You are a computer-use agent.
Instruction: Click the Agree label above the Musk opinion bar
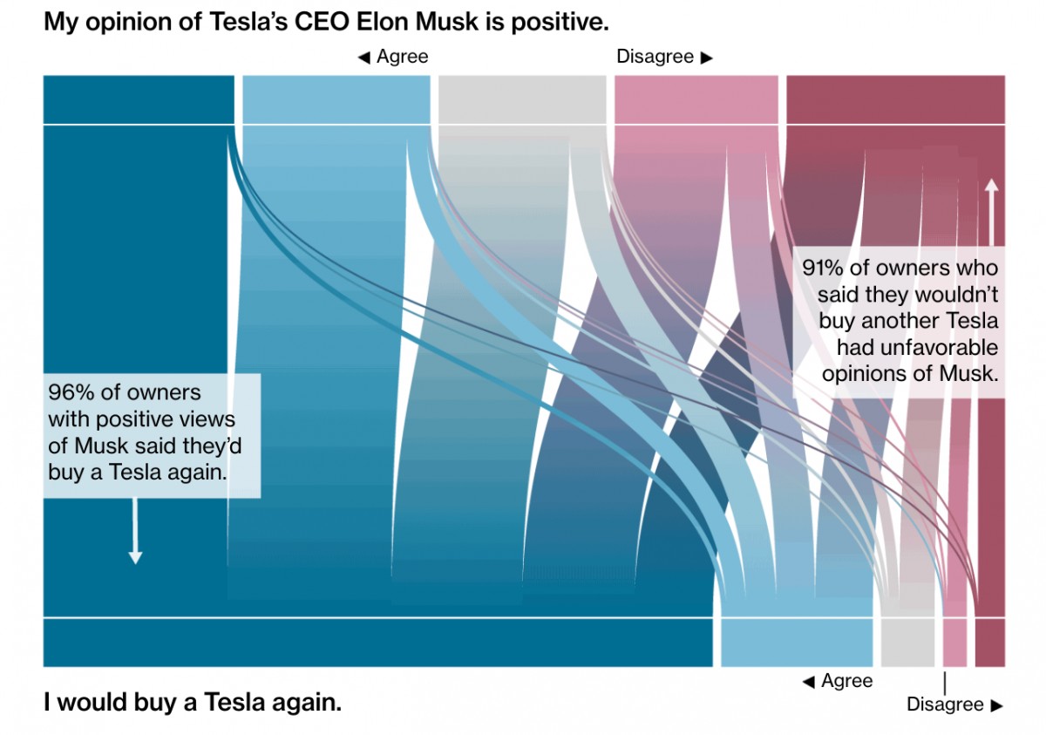click(x=402, y=57)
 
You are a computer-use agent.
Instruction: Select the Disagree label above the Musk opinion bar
click(x=655, y=57)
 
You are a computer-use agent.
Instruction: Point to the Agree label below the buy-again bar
click(x=846, y=681)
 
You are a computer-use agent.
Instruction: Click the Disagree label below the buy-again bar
click(x=945, y=704)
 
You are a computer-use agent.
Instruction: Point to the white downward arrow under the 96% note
click(x=135, y=532)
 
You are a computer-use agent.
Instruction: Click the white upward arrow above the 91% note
click(x=991, y=209)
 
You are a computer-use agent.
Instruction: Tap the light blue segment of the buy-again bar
click(x=796, y=643)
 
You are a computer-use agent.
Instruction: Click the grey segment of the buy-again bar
click(x=907, y=643)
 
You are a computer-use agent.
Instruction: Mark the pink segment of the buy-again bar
click(x=954, y=643)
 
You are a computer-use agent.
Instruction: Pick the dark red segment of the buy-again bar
click(x=989, y=643)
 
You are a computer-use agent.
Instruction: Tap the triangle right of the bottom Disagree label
click(x=997, y=705)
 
